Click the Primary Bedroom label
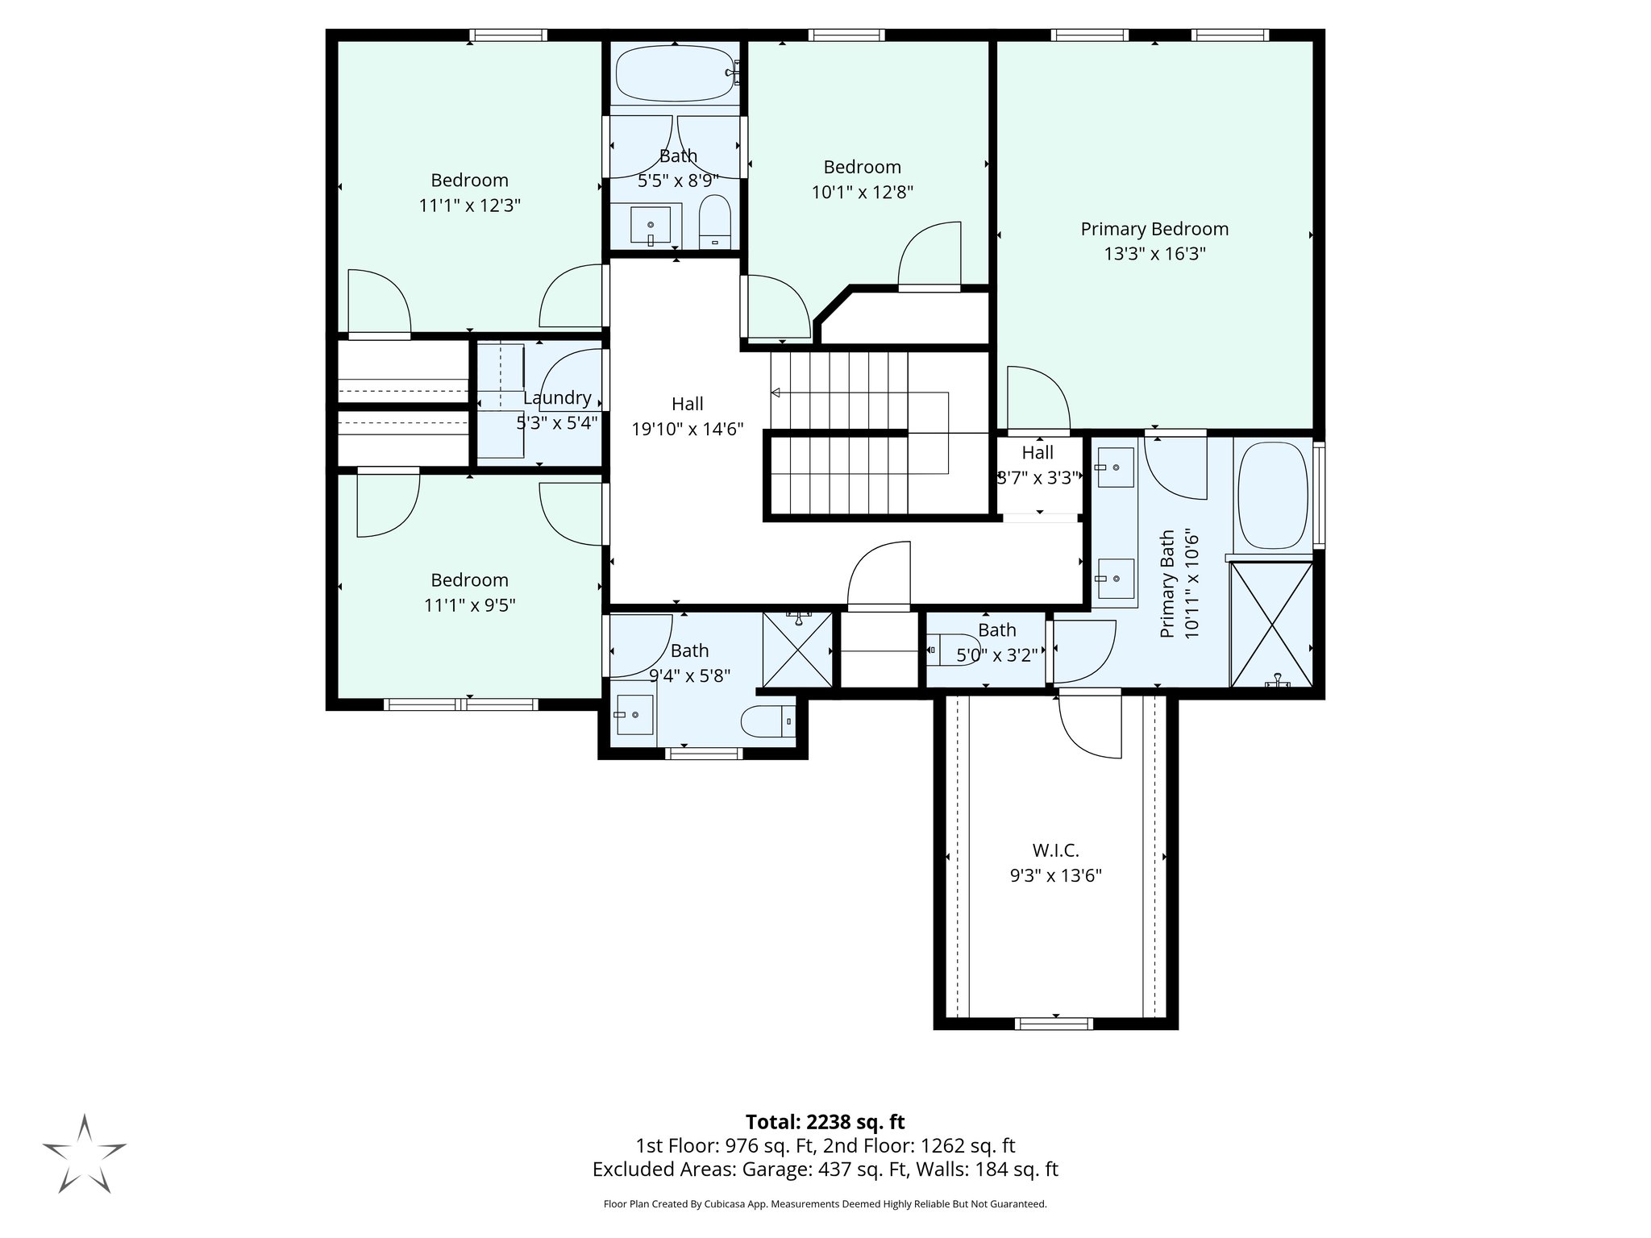[x=1154, y=229]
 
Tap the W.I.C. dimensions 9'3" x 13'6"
[x=1055, y=876]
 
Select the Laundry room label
[x=557, y=398]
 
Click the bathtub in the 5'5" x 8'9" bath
[x=676, y=73]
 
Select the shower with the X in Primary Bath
[x=1271, y=625]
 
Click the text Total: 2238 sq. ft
[x=825, y=1122]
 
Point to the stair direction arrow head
[x=776, y=393]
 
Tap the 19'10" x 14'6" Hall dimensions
[x=687, y=430]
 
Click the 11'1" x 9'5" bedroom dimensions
[x=469, y=605]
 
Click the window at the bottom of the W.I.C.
[x=1054, y=1024]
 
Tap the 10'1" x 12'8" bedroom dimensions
[x=862, y=193]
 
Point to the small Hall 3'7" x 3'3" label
[x=1038, y=453]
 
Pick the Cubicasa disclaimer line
[x=825, y=1204]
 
